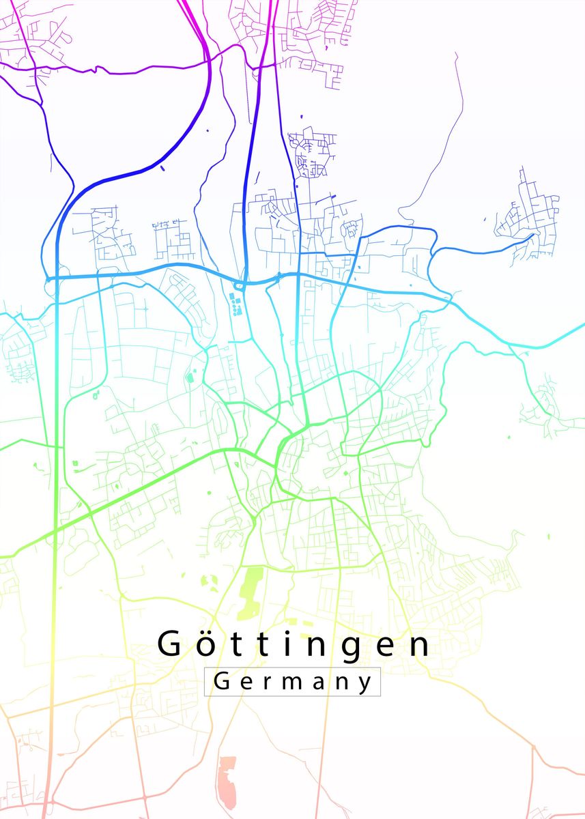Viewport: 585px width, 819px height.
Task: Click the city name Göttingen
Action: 294,644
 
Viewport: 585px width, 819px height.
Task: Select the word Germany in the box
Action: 293,681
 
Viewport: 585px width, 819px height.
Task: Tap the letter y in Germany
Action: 367,683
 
